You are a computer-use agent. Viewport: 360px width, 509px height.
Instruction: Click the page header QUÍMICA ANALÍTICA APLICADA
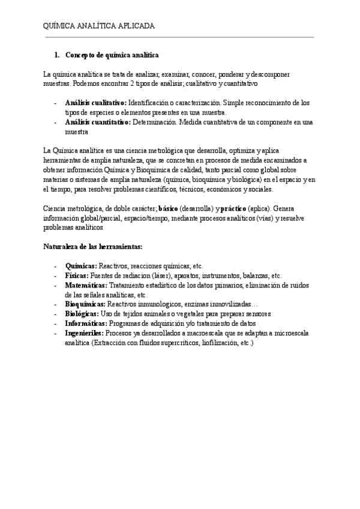click(x=99, y=26)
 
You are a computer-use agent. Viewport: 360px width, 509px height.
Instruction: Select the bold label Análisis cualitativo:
click(x=95, y=103)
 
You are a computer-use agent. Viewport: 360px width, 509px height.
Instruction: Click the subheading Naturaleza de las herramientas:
click(x=92, y=247)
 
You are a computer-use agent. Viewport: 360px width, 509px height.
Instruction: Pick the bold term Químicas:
click(x=81, y=266)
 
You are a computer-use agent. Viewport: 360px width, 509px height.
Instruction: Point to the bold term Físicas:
click(x=77, y=276)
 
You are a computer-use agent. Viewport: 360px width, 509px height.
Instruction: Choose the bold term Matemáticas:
click(x=86, y=285)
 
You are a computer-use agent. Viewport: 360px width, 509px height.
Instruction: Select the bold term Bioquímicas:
click(x=85, y=304)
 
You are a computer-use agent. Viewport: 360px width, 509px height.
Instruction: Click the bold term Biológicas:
click(x=82, y=314)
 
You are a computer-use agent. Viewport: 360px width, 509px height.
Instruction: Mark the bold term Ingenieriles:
click(x=84, y=333)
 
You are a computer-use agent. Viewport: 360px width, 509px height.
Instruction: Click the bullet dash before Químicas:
click(x=55, y=266)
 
